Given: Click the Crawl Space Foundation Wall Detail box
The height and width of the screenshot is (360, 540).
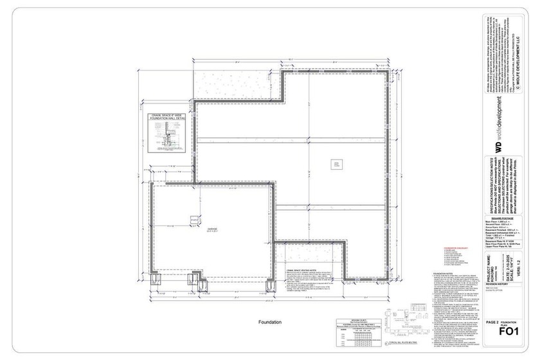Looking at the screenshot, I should tap(167, 134).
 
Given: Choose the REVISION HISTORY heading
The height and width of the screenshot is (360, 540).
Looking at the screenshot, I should tap(499, 283).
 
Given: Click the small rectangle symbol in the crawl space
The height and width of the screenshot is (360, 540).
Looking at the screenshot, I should tap(334, 165).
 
